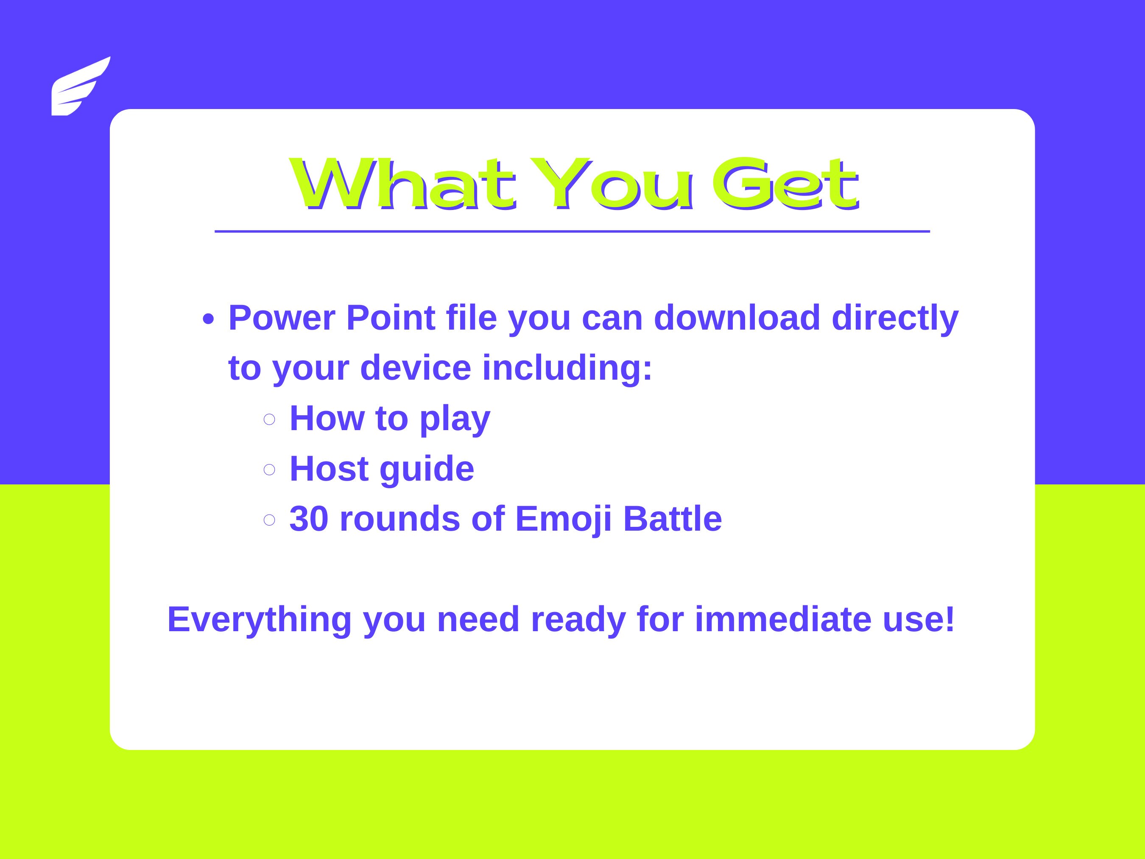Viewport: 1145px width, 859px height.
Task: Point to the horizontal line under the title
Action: pos(572,232)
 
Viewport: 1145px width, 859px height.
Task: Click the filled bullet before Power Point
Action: pos(208,319)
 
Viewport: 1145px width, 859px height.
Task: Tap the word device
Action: pos(415,368)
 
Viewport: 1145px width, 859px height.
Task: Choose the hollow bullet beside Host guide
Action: pos(269,469)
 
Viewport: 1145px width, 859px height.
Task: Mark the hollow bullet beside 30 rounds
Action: pos(269,519)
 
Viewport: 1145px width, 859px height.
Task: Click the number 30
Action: pos(308,518)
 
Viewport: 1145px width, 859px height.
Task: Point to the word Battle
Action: pos(673,518)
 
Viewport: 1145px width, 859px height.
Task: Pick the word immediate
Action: pos(783,619)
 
